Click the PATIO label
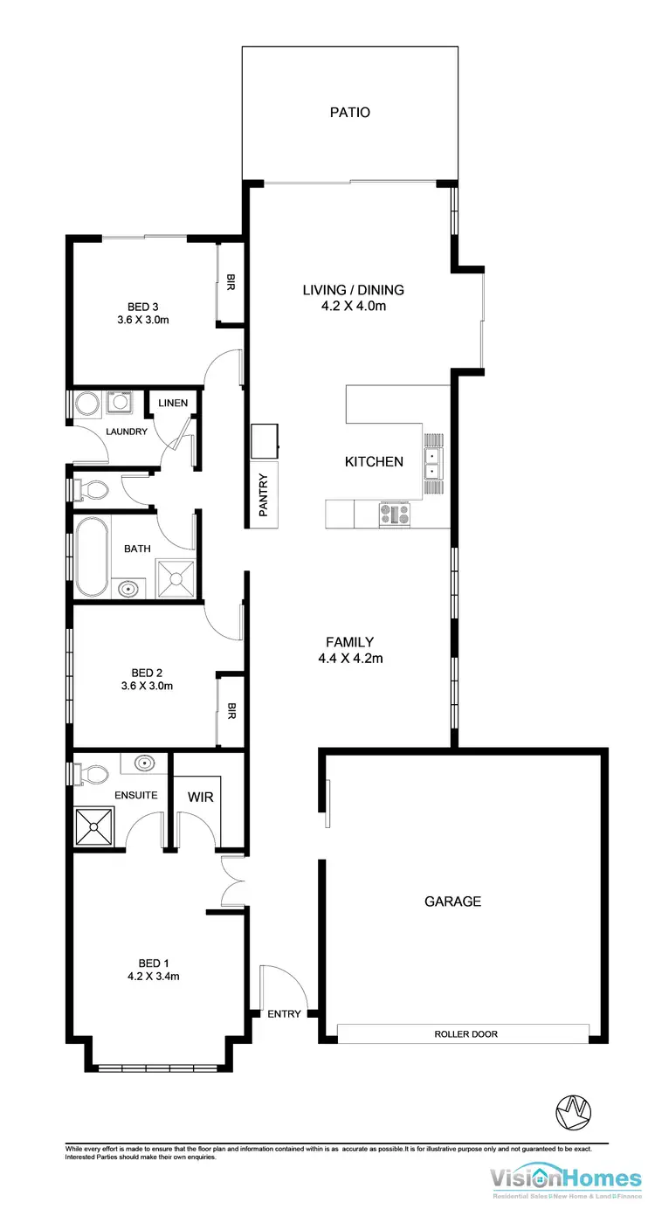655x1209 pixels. [349, 112]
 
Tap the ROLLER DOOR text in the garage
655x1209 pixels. [465, 1034]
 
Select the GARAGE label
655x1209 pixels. [452, 902]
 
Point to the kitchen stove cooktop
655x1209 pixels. [394, 515]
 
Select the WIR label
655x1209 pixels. [201, 798]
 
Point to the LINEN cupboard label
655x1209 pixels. [172, 402]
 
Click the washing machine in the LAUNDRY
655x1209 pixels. [118, 403]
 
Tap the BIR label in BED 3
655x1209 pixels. [231, 283]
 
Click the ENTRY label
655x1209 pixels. [285, 1014]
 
